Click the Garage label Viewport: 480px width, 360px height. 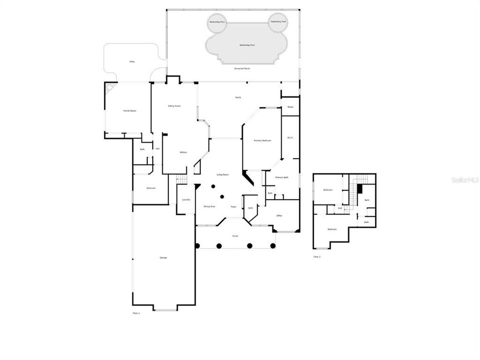pos(163,257)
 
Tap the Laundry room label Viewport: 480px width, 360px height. pos(186,199)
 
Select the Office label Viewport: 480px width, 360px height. pos(279,215)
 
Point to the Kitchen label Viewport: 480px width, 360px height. pos(183,152)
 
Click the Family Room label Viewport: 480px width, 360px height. pos(130,110)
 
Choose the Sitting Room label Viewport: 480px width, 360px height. pos(174,106)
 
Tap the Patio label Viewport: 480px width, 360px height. pos(132,61)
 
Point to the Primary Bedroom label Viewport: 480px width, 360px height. pos(262,140)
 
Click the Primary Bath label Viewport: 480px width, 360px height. pos(282,177)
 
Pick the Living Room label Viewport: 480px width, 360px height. pos(222,174)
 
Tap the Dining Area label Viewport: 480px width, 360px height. pos(209,206)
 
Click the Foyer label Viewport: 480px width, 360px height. pos(233,206)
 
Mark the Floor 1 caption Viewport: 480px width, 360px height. pos(136,312)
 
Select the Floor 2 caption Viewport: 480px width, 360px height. pos(317,256)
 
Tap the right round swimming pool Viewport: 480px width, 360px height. pos(278,21)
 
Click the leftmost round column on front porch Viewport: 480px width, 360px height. pos(198,245)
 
